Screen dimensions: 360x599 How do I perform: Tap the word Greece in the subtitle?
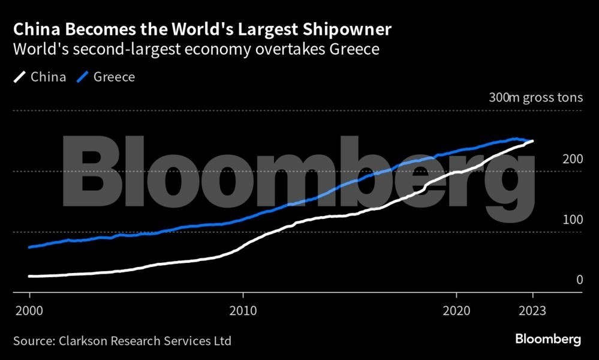354,49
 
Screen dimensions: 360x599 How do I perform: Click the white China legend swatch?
20,77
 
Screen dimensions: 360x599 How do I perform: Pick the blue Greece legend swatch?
84,77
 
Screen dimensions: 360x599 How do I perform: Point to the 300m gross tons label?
535,98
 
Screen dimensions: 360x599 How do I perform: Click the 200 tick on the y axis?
572,160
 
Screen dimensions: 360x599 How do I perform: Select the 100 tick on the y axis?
572,220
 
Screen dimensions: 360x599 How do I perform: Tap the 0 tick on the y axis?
579,280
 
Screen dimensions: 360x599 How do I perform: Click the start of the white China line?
29,276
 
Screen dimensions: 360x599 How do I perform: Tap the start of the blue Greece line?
29,247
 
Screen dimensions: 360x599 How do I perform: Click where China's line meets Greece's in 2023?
532,141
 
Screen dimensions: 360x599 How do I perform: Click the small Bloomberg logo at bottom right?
548,340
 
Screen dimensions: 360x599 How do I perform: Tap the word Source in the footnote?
32,341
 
